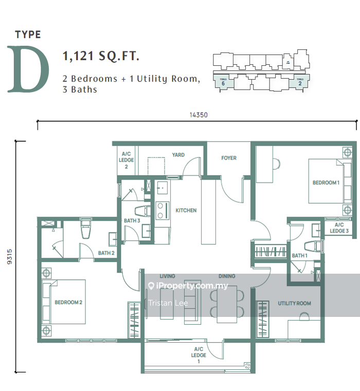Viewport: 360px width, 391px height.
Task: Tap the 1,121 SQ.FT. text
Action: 101,56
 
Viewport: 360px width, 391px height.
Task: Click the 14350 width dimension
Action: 197,115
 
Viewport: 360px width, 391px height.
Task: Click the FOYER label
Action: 229,158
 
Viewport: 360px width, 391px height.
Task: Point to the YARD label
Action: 178,155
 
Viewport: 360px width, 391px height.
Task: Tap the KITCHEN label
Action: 186,210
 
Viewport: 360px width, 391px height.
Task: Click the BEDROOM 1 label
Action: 326,183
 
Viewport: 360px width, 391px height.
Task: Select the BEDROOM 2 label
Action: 68,303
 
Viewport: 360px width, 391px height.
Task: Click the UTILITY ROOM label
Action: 294,304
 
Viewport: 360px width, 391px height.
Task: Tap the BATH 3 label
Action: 132,221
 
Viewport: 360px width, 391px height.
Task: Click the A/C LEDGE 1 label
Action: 199,355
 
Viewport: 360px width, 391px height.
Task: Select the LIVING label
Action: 167,276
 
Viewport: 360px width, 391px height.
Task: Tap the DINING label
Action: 226,276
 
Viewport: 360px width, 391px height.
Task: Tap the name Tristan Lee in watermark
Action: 168,303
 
